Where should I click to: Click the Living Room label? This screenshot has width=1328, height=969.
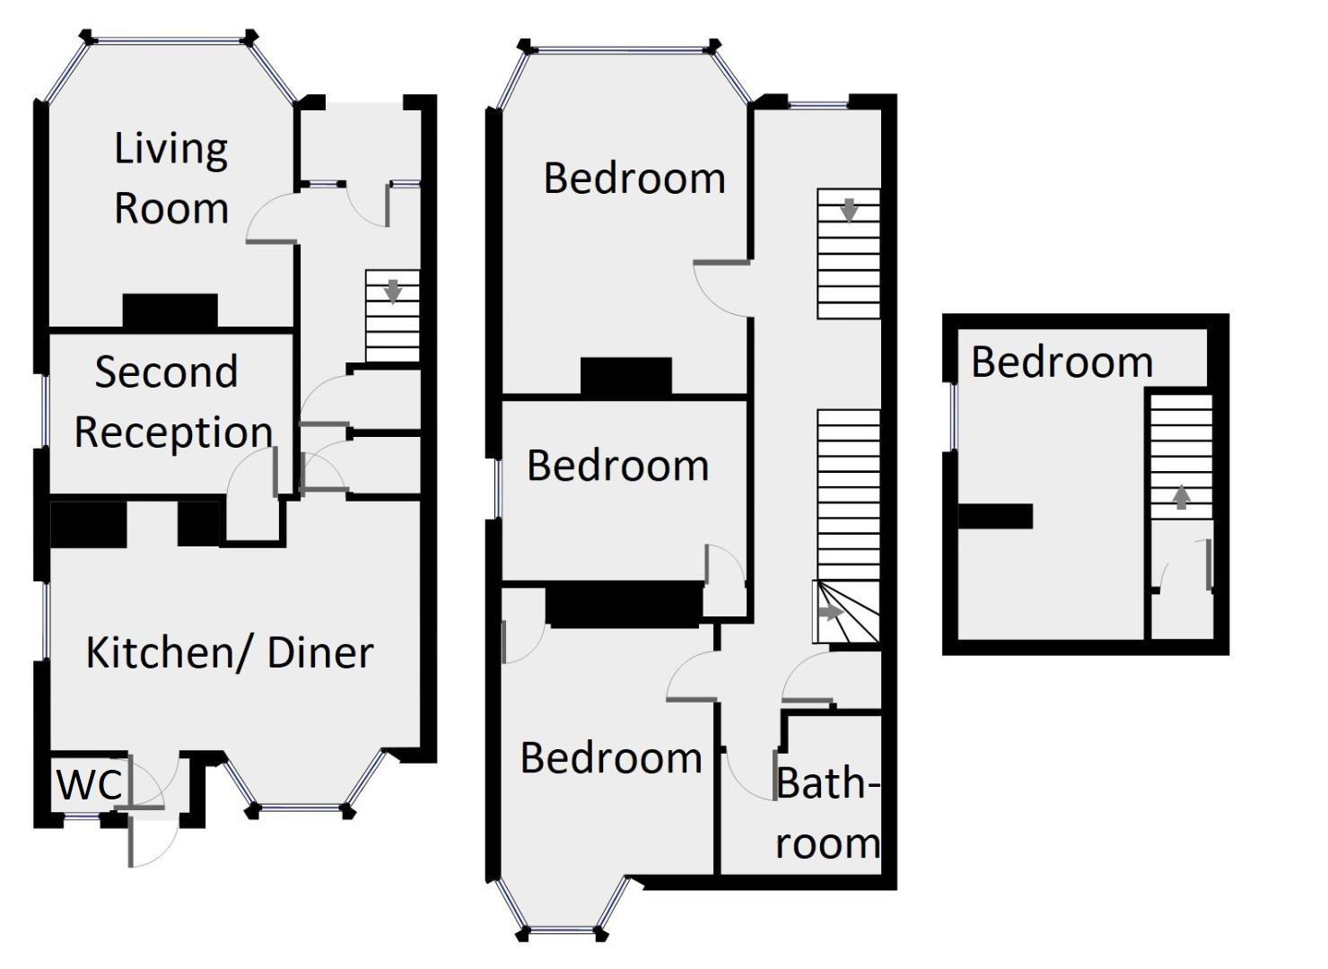[x=170, y=178]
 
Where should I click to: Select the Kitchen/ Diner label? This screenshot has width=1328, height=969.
[x=229, y=652]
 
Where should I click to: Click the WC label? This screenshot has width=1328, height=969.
[x=89, y=784]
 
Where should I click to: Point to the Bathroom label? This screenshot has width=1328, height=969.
[x=826, y=813]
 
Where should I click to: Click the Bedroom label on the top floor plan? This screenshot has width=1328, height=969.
[x=1062, y=362]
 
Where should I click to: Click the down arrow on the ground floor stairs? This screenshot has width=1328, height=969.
[x=392, y=291]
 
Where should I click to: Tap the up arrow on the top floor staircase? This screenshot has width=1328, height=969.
[x=1181, y=496]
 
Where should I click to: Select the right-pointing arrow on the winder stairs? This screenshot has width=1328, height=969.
[x=830, y=613]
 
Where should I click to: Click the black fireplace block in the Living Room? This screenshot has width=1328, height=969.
[x=170, y=310]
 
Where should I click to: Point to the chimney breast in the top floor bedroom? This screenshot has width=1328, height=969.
[x=995, y=516]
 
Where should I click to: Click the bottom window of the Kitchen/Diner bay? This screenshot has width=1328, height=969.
[x=300, y=807]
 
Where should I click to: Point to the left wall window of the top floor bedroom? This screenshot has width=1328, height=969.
[x=954, y=416]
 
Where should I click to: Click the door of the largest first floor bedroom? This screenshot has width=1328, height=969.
[x=721, y=288]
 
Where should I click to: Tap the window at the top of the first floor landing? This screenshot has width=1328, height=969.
[x=817, y=106]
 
